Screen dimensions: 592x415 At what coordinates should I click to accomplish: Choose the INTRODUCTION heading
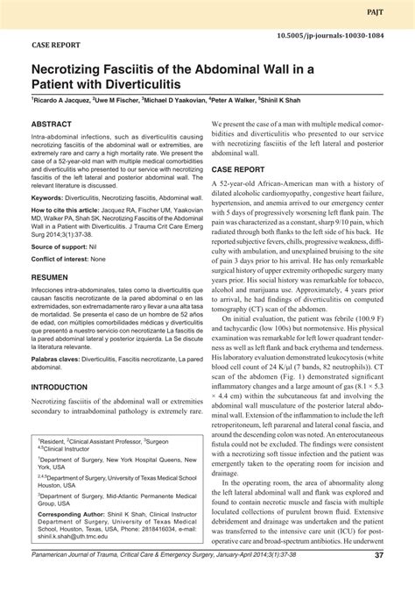pyautogui.click(x=66, y=387)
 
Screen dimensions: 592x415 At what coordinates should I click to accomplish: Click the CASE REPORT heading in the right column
pyautogui.click(x=244, y=167)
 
